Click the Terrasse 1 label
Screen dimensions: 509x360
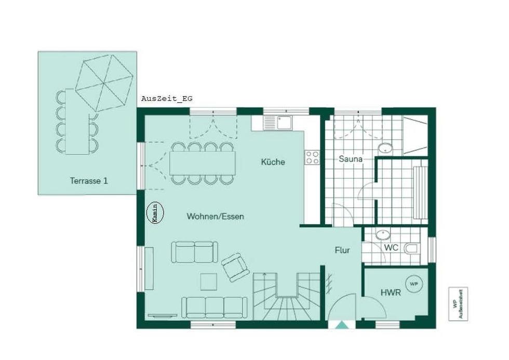click(89, 181)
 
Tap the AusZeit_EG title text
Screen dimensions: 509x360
click(167, 99)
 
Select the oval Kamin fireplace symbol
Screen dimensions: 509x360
click(155, 213)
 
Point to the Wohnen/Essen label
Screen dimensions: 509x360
click(215, 216)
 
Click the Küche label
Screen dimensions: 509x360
click(273, 162)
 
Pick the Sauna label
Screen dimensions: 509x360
click(350, 159)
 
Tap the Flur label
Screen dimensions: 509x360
click(342, 250)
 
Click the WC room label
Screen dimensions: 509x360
click(391, 248)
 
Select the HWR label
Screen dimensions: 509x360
click(391, 292)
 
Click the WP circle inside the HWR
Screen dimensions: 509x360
click(414, 284)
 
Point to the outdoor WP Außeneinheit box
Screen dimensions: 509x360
click(458, 304)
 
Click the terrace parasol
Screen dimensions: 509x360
click(104, 84)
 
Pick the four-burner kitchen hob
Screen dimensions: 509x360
click(312, 157)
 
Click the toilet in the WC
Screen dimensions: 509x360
click(411, 249)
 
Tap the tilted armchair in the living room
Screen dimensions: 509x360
click(235, 268)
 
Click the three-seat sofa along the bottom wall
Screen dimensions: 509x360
click(214, 308)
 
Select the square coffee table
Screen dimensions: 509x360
click(209, 282)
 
